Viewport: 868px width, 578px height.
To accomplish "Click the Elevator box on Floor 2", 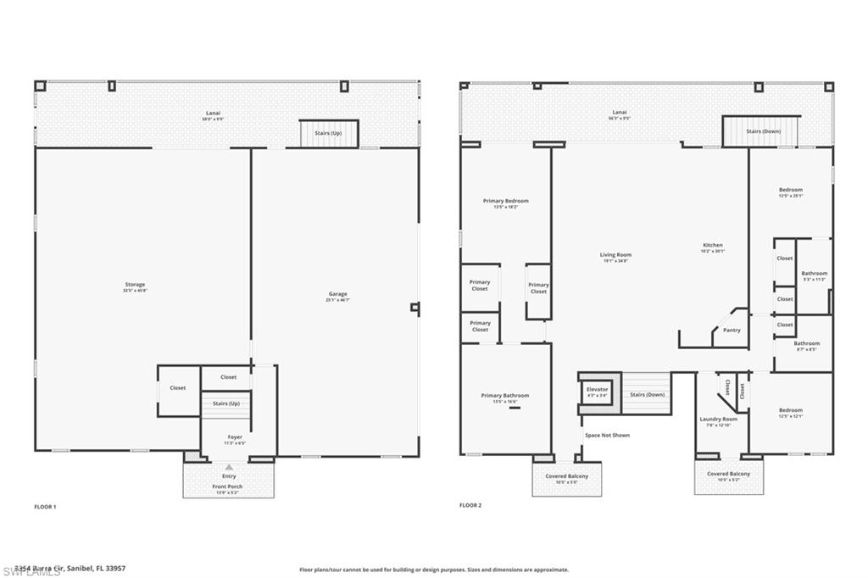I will coord(597,392).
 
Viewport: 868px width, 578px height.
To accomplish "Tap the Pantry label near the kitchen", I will coord(732,331).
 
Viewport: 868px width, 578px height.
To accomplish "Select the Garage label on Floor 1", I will coord(338,295).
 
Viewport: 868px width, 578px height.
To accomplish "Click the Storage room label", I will coord(134,285).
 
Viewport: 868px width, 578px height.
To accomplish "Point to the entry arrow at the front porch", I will coord(229,466).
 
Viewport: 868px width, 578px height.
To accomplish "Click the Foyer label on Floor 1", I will coord(234,437).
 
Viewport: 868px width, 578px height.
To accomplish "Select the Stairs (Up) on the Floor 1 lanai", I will coord(329,133).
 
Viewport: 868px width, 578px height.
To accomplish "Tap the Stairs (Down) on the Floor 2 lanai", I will coord(763,131).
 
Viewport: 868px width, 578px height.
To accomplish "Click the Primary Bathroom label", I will coord(504,396).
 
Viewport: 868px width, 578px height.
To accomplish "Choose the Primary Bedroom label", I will coord(505,201).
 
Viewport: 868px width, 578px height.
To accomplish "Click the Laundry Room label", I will coord(718,420).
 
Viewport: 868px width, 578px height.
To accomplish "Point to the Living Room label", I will coord(615,255).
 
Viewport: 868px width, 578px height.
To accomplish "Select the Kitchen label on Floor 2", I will coord(712,246).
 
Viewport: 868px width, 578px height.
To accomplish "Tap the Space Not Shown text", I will coord(607,436).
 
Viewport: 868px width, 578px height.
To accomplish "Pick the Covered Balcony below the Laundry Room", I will coord(728,475).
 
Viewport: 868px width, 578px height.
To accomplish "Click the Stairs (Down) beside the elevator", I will coord(648,395).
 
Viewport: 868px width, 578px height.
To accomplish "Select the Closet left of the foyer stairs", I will coord(177,388).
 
